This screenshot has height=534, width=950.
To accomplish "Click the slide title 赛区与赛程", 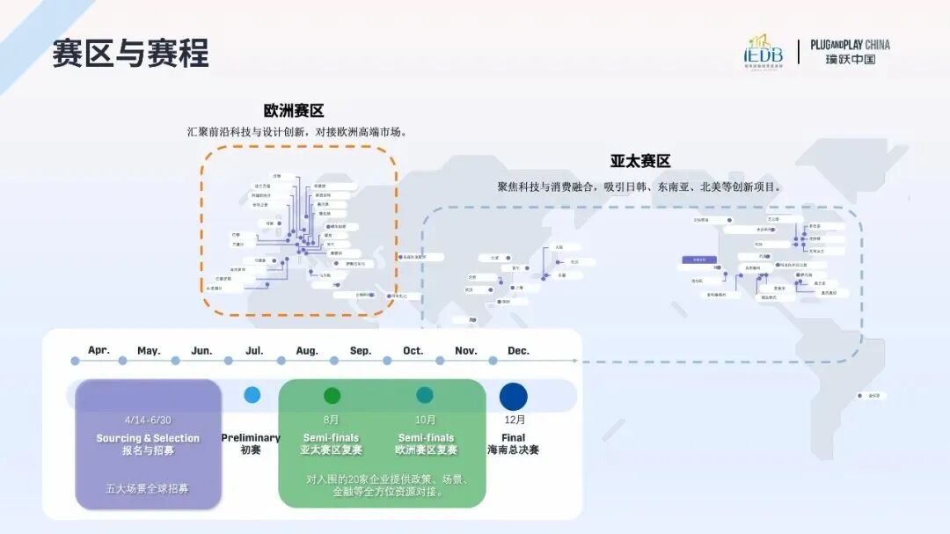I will click(130, 53).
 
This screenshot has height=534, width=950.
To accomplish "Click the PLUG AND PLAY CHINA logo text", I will click(850, 52).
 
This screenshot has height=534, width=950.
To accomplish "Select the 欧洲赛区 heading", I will click(294, 111).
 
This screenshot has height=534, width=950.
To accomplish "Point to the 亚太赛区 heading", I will click(640, 162).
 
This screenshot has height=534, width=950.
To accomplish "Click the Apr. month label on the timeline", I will click(99, 350).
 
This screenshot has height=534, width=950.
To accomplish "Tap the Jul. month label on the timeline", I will click(254, 351).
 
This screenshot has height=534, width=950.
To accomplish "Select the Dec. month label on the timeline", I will click(518, 351).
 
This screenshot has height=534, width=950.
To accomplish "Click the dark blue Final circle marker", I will click(514, 396).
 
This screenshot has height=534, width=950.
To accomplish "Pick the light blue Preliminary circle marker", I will click(252, 395).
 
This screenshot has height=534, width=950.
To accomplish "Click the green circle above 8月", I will click(332, 396).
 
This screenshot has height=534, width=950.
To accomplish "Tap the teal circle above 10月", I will click(425, 396).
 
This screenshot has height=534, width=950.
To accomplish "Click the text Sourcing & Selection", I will click(148, 438).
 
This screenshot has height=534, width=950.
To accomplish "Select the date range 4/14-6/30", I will click(148, 420).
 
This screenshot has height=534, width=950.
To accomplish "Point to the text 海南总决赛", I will click(513, 450).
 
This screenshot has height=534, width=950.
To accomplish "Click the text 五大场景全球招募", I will click(148, 488).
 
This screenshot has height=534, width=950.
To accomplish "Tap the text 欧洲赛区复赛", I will click(426, 450).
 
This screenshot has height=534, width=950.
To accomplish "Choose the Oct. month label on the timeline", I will click(413, 351).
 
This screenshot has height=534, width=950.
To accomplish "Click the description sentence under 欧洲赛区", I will click(296, 132).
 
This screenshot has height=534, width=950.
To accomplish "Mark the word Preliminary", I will click(251, 438).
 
